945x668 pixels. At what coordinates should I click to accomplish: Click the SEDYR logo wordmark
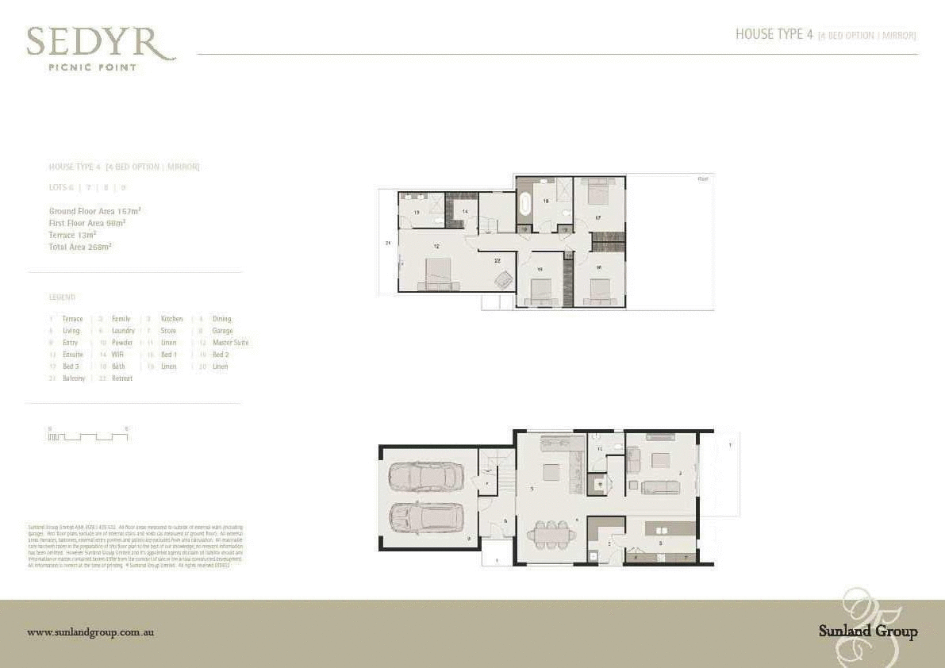pos(100,44)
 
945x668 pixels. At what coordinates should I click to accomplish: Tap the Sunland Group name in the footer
pos(868,632)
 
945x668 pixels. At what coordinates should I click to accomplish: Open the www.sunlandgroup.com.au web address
pos(90,632)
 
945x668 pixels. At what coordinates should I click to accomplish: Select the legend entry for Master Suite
pos(230,343)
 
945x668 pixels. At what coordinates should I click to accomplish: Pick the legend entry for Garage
pos(222,331)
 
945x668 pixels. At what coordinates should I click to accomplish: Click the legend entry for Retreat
pos(121,378)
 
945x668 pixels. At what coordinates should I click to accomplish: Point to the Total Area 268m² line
pos(80,247)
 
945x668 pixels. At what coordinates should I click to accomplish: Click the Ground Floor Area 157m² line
pos(94,212)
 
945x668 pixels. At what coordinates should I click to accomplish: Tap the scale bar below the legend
pos(87,436)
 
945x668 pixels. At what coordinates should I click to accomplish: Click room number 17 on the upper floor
pos(598,217)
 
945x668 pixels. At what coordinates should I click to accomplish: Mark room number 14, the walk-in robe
pos(466,211)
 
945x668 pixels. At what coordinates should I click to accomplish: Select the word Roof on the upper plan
pos(702,179)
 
